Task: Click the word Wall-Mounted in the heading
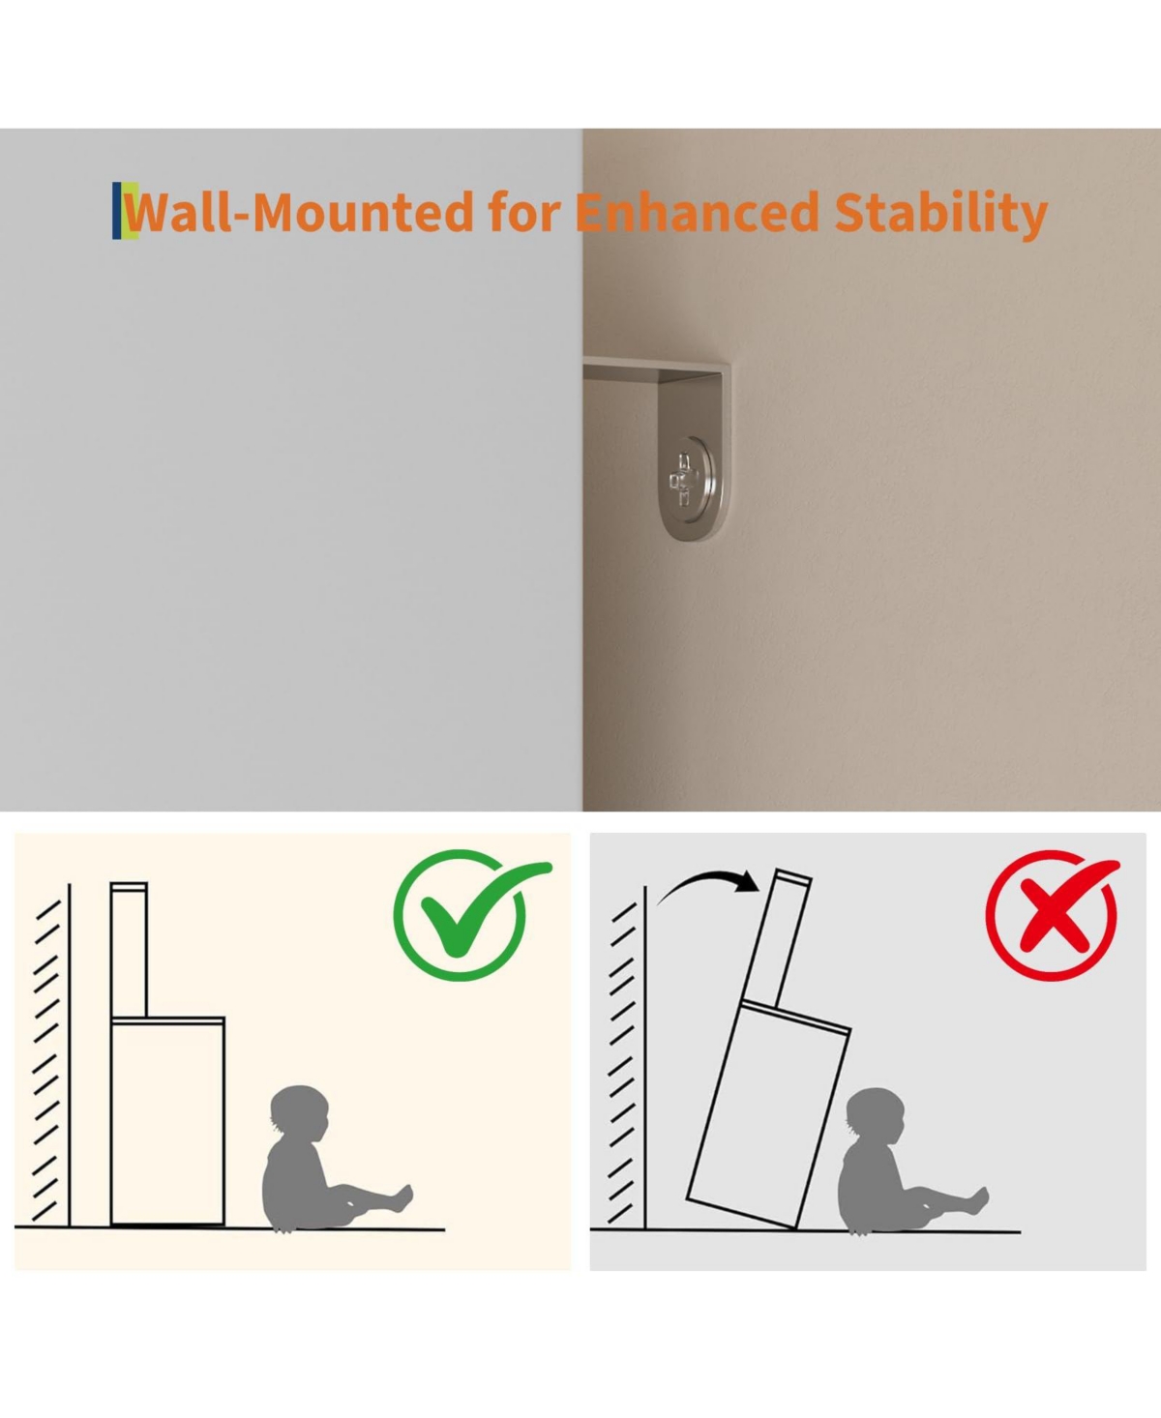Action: pos(300,212)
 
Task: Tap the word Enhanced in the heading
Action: pos(697,212)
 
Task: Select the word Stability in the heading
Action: pos(941,215)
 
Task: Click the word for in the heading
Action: pos(524,212)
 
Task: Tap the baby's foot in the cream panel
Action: pos(403,1197)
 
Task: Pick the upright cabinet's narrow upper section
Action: pos(129,949)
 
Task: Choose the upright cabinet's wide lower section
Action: pos(167,1121)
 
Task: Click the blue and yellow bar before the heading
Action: pos(125,211)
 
